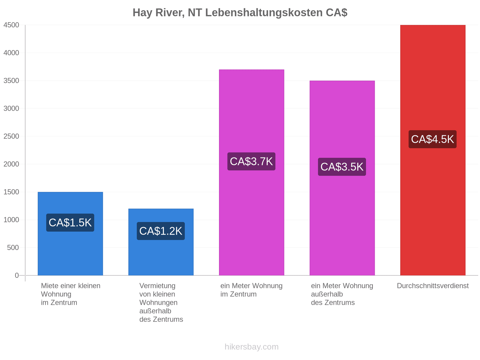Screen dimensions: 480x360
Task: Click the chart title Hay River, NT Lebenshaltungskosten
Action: click(229, 13)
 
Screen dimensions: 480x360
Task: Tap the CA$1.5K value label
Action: click(70, 223)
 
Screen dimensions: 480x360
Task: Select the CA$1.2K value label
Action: click(161, 231)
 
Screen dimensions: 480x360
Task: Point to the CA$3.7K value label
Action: click(251, 161)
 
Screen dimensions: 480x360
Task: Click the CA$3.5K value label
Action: click(342, 167)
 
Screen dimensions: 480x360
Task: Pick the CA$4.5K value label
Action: click(432, 139)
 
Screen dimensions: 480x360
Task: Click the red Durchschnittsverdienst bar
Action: click(433, 150)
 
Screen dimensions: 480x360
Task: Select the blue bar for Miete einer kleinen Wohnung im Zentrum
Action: click(70, 234)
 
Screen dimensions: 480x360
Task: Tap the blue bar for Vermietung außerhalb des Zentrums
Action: click(161, 242)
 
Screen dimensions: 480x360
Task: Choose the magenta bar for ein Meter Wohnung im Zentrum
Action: click(251, 172)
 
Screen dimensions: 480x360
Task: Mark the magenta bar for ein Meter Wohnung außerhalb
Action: click(342, 178)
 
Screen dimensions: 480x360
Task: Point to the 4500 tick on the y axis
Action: click(11, 25)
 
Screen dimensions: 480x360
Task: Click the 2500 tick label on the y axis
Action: click(11, 136)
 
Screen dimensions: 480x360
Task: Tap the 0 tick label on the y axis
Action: click(16, 275)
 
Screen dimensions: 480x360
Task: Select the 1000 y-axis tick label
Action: click(11, 220)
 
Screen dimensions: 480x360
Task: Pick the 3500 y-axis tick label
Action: click(11, 81)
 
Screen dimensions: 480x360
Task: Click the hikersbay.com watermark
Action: click(251, 347)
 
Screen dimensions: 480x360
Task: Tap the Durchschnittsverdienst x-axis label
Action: click(433, 286)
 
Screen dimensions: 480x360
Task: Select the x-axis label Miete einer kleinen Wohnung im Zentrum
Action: click(70, 294)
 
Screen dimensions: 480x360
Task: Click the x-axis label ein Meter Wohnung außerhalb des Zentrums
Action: click(342, 294)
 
